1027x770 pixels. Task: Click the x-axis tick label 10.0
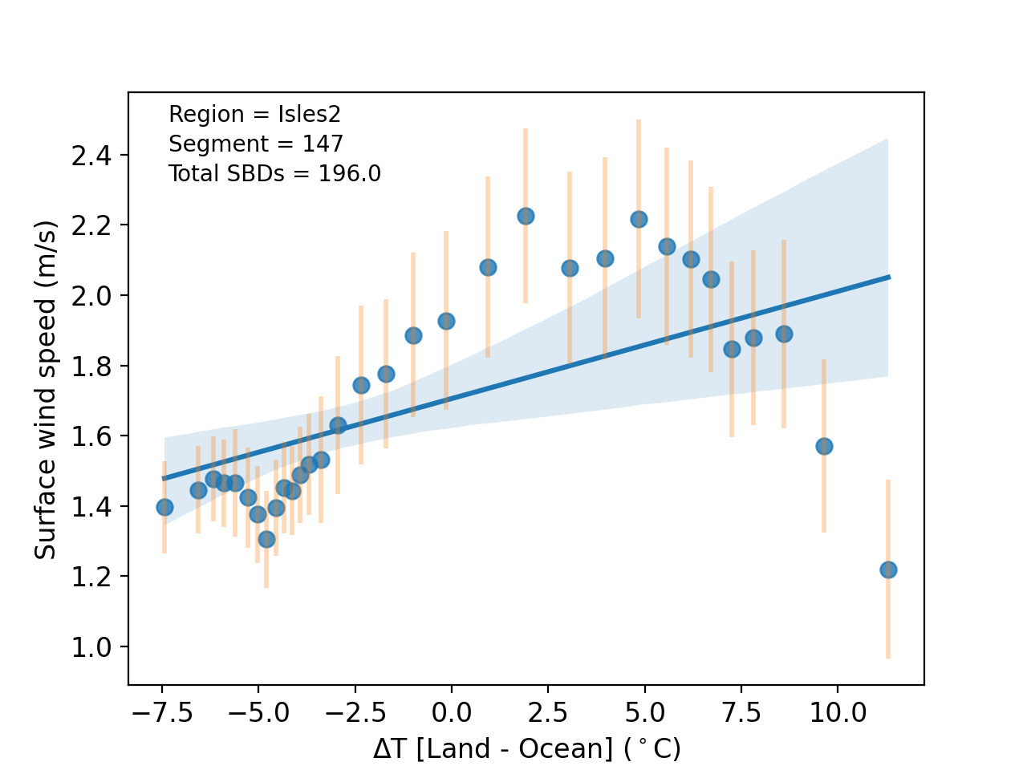pos(838,712)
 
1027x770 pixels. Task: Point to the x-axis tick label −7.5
pos(161,712)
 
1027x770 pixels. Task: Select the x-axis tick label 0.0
pos(451,712)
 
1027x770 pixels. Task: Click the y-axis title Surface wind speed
pos(46,389)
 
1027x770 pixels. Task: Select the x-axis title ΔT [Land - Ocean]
pos(526,749)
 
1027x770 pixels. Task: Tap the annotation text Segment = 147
pos(255,144)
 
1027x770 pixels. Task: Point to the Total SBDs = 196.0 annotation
pos(274,173)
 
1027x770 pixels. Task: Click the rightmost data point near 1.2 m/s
pos(888,569)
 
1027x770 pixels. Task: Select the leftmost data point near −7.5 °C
pos(164,507)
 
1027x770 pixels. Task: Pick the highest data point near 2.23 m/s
pos(526,216)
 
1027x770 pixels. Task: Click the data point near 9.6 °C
pos(824,446)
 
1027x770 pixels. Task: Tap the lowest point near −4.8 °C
pos(266,539)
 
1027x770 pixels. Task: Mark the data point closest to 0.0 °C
pos(446,321)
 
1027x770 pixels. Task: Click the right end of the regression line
pos(889,277)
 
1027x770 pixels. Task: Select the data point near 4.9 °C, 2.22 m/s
pos(639,219)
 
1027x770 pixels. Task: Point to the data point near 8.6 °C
pos(784,334)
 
